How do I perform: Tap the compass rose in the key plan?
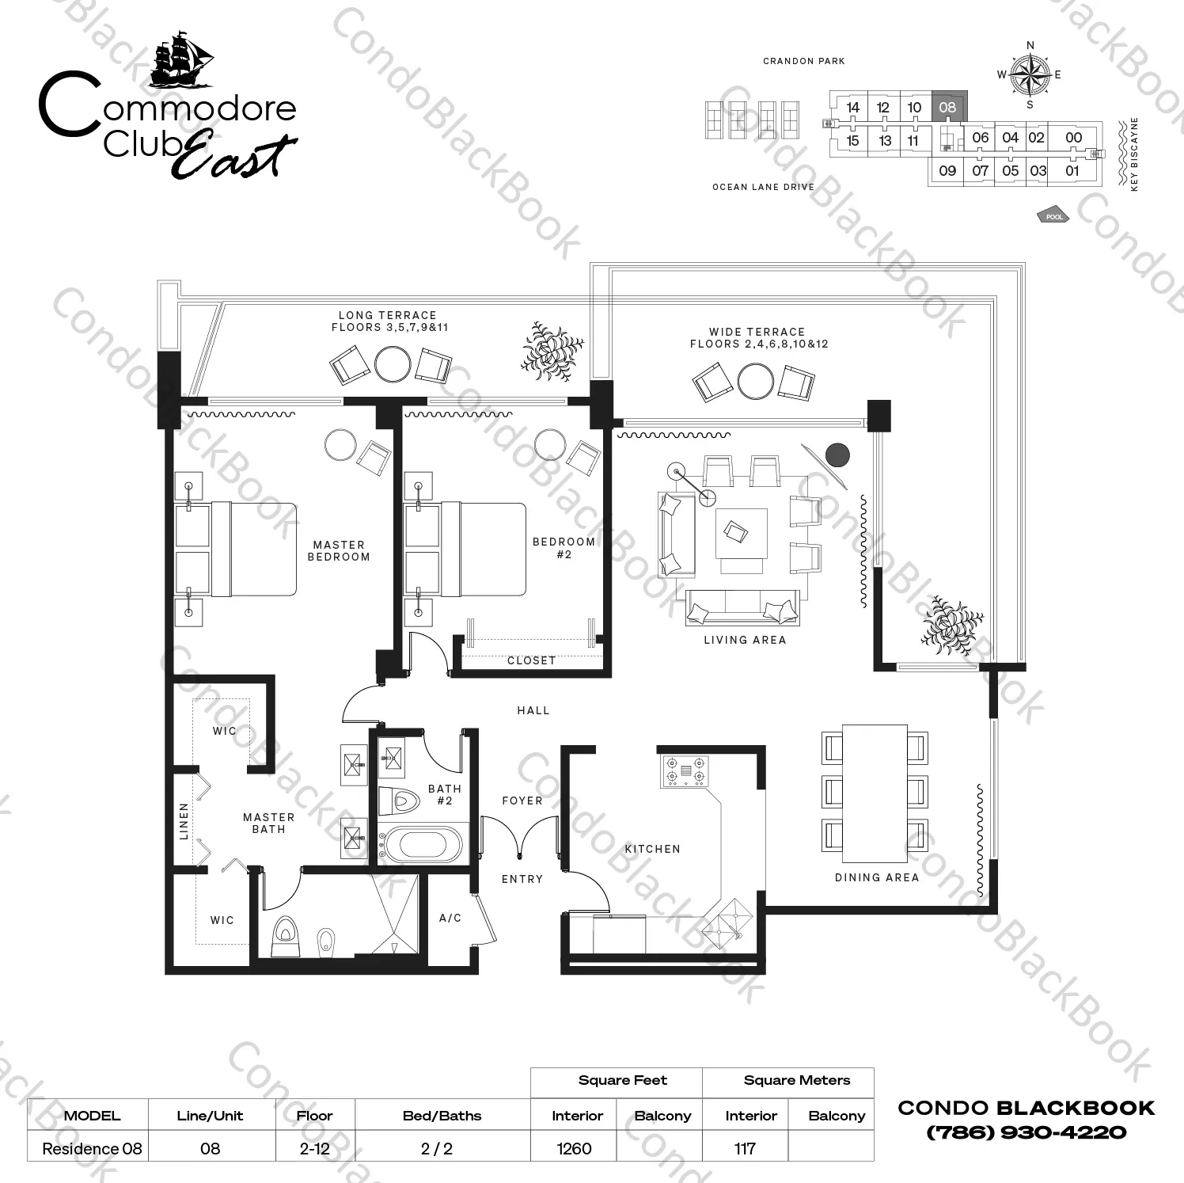click(1030, 75)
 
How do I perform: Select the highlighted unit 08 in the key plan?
click(947, 107)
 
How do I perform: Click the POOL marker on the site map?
click(1053, 216)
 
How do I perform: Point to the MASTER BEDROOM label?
click(339, 551)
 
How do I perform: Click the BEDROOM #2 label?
click(564, 548)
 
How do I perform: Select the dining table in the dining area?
click(875, 793)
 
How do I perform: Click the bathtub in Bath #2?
click(420, 844)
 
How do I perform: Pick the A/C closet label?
click(450, 918)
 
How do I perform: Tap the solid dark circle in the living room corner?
click(837, 455)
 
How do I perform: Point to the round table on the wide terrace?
click(756, 382)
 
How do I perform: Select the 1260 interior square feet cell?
click(575, 1148)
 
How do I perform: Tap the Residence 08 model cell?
click(92, 1148)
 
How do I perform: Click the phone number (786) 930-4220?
click(1027, 1132)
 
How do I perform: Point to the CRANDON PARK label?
click(804, 61)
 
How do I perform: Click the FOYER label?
click(522, 801)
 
